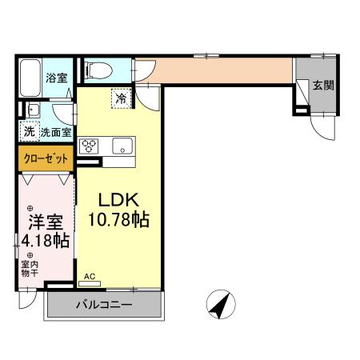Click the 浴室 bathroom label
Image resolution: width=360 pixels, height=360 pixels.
(55, 78)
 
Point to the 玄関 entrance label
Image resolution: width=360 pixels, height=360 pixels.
(323, 86)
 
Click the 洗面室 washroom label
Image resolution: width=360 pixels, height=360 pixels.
(56, 131)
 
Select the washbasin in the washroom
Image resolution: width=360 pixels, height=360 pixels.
(34, 110)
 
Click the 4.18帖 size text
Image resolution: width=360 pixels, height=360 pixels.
(45, 240)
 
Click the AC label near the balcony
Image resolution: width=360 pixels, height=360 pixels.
(90, 277)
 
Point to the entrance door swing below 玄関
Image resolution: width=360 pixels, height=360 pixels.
(320, 126)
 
